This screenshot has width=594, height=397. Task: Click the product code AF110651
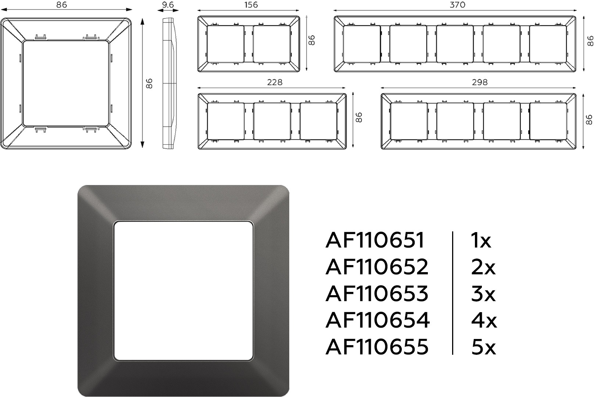375,240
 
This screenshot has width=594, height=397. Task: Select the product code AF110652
377,267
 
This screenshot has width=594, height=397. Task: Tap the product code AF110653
377,294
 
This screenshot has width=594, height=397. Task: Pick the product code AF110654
377,320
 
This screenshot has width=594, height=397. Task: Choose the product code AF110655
377,347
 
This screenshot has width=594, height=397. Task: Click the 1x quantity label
481,240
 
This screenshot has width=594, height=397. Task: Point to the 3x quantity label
483,294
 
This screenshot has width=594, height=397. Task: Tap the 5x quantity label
483,347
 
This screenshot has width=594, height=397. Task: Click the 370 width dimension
457,5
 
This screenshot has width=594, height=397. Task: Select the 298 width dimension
480,82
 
